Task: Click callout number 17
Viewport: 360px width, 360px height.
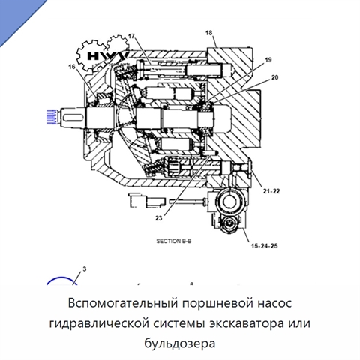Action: pyautogui.click(x=132, y=36)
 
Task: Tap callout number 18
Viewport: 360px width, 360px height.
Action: pyautogui.click(x=209, y=33)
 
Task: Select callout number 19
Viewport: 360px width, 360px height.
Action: pyautogui.click(x=268, y=60)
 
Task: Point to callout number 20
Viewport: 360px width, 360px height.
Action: pyautogui.click(x=274, y=77)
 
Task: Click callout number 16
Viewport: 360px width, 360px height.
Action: pyautogui.click(x=72, y=67)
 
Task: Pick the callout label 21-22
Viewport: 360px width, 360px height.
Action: pyautogui.click(x=271, y=191)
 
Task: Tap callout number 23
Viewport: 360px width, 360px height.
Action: pyautogui.click(x=159, y=218)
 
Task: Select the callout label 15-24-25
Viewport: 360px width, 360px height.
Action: pyautogui.click(x=265, y=246)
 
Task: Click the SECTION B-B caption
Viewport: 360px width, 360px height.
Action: pyautogui.click(x=174, y=241)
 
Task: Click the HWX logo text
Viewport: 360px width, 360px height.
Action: pyautogui.click(x=108, y=56)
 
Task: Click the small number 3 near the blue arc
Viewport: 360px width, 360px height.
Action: pyautogui.click(x=85, y=269)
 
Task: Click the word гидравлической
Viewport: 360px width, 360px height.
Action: pyautogui.click(x=99, y=324)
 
